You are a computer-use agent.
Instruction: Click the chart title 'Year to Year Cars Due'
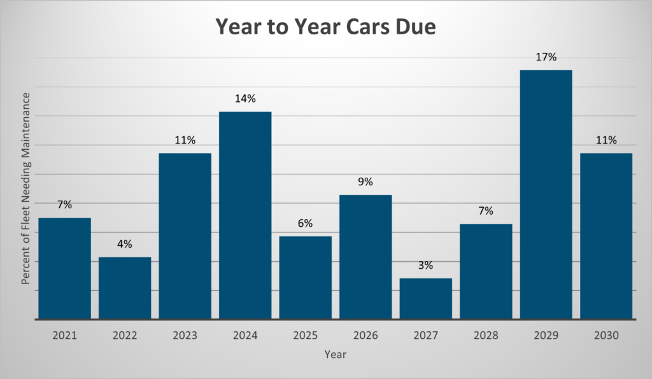325,27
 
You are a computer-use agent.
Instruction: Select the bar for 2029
546,194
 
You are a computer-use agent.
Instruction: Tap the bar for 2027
425,298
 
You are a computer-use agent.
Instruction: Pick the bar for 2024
245,215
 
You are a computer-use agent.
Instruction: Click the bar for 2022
125,288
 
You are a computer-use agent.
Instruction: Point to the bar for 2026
365,257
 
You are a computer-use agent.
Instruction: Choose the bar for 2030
606,236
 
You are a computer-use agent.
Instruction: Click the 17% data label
546,57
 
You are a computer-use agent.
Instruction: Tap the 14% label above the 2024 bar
245,99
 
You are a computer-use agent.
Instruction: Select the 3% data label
425,266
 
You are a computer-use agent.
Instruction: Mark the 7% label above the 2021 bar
64,204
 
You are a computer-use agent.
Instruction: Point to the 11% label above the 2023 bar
185,140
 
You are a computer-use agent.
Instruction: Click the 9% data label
365,182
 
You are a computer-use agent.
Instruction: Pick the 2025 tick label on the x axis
305,334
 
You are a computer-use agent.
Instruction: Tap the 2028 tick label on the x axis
486,334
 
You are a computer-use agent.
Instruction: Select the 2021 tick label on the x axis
64,334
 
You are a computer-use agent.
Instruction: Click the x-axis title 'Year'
335,354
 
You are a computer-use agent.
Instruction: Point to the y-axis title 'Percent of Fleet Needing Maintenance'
27,189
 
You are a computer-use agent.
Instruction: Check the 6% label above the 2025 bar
305,224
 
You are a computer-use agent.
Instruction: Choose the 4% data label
125,245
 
